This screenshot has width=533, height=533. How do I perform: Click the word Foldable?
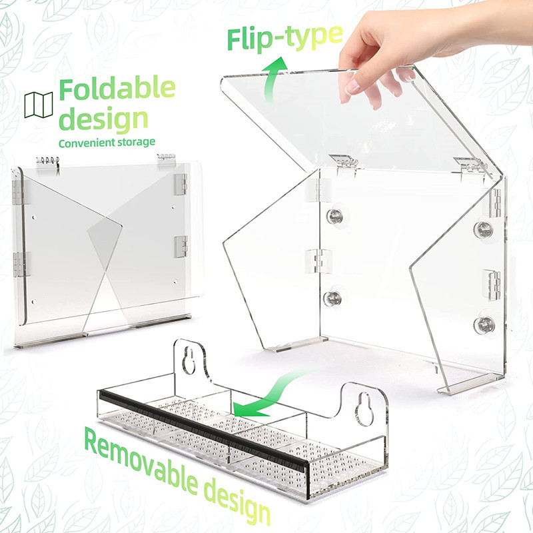click(117, 89)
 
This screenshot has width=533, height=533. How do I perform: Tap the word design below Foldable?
click(104, 120)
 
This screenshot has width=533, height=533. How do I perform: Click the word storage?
click(136, 143)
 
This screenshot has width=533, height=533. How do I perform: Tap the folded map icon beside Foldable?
click(39, 105)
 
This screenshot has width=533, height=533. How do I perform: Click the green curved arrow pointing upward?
click(273, 80)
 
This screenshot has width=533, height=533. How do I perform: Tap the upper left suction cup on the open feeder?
click(334, 216)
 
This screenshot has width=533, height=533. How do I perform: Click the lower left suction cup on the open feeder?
click(331, 298)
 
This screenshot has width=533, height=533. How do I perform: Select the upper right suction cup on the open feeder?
click(484, 229)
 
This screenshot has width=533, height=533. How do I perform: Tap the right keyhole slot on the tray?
click(363, 408)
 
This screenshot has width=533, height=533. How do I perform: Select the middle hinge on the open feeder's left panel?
click(319, 261)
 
